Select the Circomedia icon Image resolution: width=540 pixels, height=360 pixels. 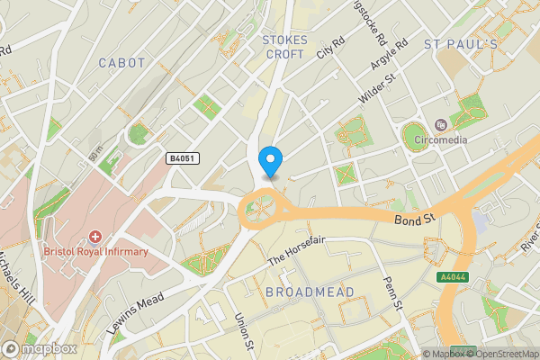[441, 124]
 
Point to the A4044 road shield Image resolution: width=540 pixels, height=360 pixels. [453, 279]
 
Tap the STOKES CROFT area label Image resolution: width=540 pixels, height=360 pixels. [284, 47]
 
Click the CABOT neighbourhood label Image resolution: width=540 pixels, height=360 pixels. [121, 63]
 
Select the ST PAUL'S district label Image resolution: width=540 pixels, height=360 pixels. [460, 44]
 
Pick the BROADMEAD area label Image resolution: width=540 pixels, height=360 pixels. [310, 292]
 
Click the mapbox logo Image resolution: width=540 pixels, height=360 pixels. [40, 348]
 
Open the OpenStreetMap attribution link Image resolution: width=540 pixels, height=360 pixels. [496, 354]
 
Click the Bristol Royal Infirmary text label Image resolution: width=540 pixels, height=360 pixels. [95, 252]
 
